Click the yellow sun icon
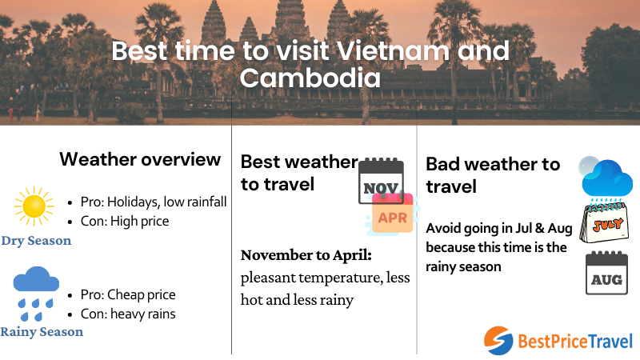click(x=34, y=207)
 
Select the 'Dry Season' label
click(x=36, y=241)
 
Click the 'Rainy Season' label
click(x=42, y=331)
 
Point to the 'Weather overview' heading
click(x=140, y=159)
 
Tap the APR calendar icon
click(x=392, y=214)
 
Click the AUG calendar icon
click(x=606, y=274)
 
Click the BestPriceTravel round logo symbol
click(x=498, y=341)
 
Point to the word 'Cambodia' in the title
click(x=310, y=78)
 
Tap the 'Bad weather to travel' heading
click(x=493, y=175)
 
